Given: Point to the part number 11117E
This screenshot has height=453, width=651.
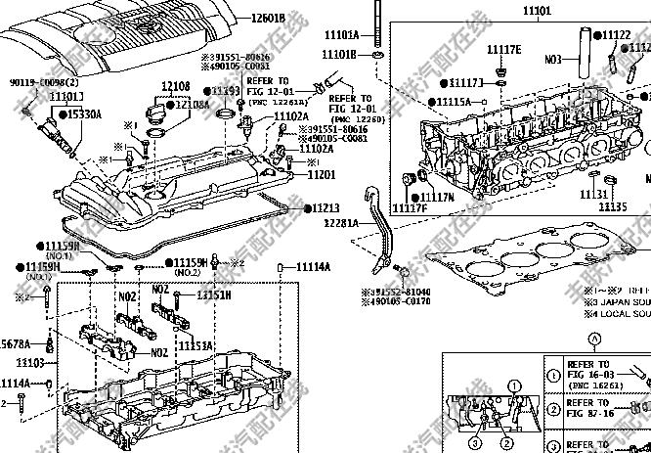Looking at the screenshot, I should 504,49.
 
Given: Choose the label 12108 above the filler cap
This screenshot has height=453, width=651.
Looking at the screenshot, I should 176,88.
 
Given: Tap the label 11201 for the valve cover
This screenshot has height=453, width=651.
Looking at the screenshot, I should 322,174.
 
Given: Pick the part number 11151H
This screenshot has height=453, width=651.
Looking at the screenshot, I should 214,294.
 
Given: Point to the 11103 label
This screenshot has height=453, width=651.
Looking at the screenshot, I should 31,362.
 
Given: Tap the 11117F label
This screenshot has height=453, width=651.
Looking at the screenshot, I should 411,207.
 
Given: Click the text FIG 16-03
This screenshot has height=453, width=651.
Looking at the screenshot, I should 594,374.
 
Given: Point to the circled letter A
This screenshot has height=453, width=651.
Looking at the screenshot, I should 593,339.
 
